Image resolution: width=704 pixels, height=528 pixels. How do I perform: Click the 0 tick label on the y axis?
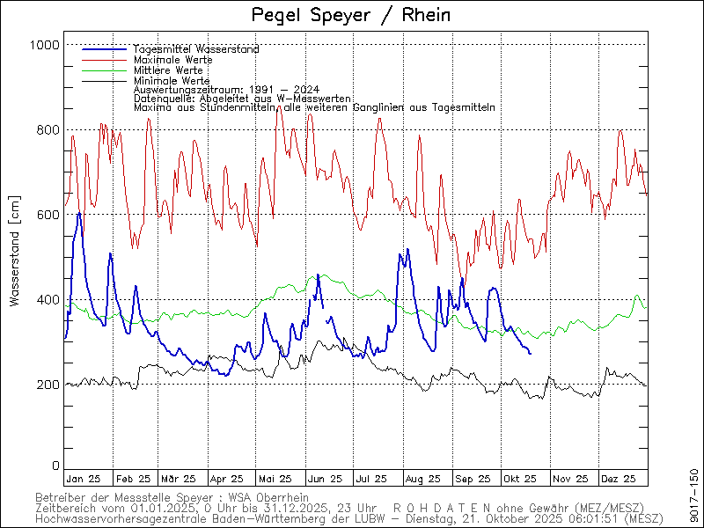click(x=55, y=466)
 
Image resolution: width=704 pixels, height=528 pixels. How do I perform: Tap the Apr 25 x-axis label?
click(x=226, y=479)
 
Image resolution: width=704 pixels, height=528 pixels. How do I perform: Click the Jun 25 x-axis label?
click(x=324, y=479)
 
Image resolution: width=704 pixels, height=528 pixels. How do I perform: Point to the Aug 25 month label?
click(x=422, y=479)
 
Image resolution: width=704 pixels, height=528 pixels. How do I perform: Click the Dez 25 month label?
click(x=618, y=479)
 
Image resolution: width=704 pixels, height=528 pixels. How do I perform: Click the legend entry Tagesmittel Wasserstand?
click(x=196, y=49)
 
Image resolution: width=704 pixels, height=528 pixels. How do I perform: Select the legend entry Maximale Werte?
click(x=172, y=60)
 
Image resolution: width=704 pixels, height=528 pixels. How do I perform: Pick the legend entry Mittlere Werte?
click(x=169, y=70)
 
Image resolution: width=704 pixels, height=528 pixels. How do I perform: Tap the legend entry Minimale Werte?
click(x=172, y=80)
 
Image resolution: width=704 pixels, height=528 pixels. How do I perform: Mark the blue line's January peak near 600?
click(x=79, y=213)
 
